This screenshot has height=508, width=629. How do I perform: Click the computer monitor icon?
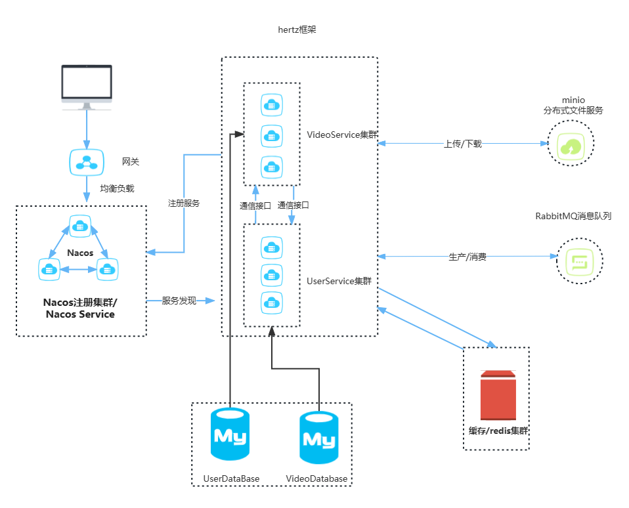[87, 87]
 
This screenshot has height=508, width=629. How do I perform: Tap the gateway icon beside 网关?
[87, 162]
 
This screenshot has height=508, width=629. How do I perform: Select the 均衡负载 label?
[117, 188]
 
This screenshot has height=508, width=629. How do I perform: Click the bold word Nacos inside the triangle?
[80, 253]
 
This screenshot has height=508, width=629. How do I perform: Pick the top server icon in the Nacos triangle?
[80, 226]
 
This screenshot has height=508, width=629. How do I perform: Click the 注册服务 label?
[184, 203]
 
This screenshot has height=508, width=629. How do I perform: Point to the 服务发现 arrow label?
[179, 301]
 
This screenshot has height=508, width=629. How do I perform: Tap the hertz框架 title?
[297, 30]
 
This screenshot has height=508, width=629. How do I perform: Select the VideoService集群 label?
[342, 135]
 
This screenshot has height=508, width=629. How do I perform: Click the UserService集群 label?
[339, 281]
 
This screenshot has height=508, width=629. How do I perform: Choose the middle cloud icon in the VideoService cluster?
[272, 136]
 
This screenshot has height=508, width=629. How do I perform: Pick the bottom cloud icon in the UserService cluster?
[272, 303]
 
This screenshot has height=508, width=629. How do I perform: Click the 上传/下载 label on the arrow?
[462, 144]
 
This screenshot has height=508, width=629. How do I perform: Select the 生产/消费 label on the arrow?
[467, 257]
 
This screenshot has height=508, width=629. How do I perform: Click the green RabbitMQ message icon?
[579, 261]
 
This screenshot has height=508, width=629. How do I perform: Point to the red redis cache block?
[498, 395]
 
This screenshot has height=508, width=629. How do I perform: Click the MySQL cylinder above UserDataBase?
[230, 434]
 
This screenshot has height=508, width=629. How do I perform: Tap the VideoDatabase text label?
[316, 478]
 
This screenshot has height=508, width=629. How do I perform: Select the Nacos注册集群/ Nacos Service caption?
[80, 308]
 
